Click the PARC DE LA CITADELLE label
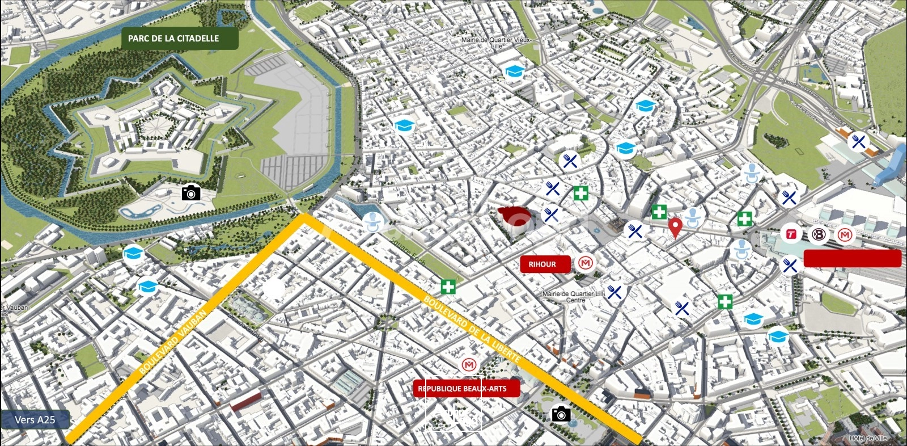pos(173,39)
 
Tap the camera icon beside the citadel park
pos(191,193)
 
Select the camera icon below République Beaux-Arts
pos(561,414)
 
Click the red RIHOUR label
pos(542,264)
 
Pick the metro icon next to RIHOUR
pos(586,263)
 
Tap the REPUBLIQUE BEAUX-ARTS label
pos(466,389)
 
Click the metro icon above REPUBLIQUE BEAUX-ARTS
pos(468,365)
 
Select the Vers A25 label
pos(35,420)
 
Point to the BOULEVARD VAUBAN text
pos(173,342)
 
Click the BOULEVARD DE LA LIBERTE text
pos(472,329)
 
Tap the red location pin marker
pos(675,227)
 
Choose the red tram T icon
pos(791,234)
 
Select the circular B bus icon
pos(818,234)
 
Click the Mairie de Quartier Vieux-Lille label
pos(496,43)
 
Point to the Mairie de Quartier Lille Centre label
pos(574,297)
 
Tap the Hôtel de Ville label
pos(868,438)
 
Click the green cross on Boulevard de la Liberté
pos(448,287)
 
